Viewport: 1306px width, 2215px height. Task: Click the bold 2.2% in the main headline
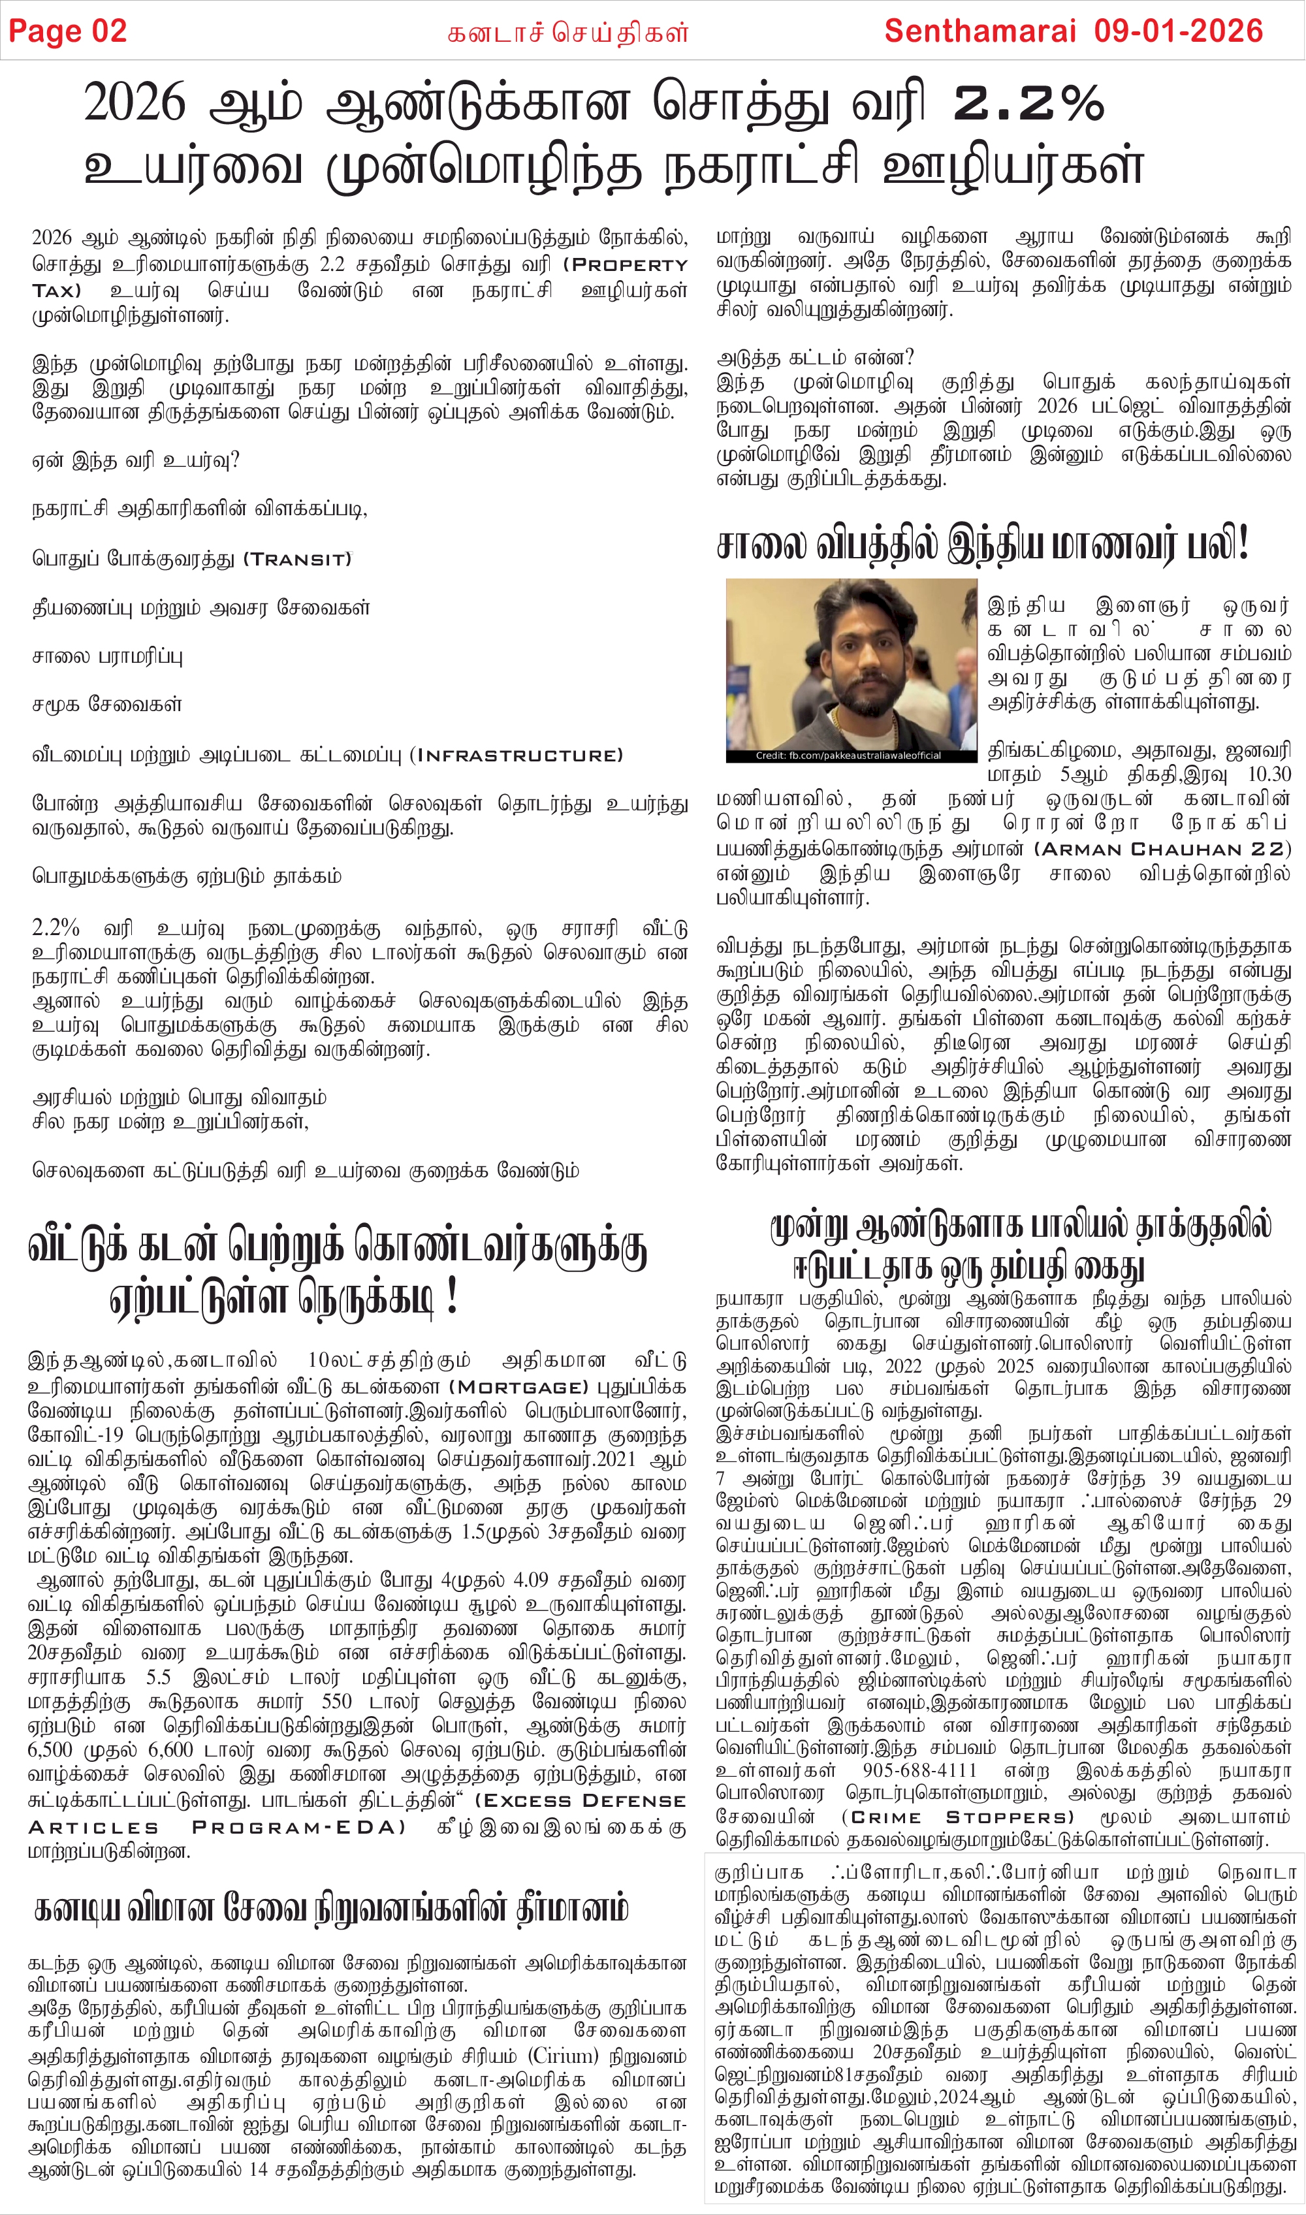click(1028, 104)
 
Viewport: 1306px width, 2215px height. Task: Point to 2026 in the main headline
click(135, 104)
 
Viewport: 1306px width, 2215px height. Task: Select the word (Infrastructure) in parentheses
click(517, 755)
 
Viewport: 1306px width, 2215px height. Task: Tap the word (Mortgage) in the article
click(518, 1388)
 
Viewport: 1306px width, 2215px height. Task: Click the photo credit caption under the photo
click(848, 755)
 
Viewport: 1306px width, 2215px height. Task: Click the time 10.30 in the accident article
click(1269, 774)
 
